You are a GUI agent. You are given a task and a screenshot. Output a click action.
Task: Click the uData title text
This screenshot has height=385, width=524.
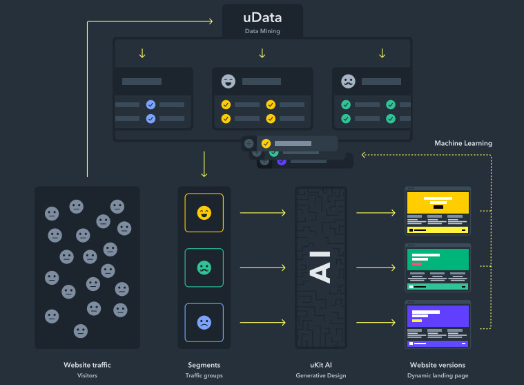click(x=262, y=17)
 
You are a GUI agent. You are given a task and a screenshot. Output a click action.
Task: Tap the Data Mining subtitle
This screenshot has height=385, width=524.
click(x=262, y=31)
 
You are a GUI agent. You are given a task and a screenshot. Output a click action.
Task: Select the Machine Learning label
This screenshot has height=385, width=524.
click(x=463, y=143)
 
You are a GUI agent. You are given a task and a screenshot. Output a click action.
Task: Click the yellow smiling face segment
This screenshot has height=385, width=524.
click(x=204, y=212)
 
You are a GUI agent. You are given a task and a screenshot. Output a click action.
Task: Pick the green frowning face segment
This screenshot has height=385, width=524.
click(x=204, y=267)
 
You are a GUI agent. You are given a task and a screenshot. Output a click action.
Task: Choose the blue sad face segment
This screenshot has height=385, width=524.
click(x=204, y=322)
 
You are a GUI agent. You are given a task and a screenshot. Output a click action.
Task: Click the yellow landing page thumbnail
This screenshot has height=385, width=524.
click(x=438, y=210)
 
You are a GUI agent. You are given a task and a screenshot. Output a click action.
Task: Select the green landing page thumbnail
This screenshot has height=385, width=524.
click(x=438, y=267)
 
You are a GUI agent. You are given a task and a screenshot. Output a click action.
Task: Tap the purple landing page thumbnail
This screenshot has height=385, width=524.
click(x=438, y=323)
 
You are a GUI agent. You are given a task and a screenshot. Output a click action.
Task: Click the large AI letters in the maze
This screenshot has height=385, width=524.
click(x=320, y=267)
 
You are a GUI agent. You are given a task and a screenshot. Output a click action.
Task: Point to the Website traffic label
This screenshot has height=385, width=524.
click(x=87, y=365)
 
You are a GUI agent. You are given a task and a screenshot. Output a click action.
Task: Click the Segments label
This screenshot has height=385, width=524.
click(x=204, y=365)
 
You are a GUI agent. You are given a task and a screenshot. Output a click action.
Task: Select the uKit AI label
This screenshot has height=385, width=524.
click(x=320, y=365)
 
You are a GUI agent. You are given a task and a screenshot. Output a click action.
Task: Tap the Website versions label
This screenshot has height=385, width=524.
click(x=438, y=365)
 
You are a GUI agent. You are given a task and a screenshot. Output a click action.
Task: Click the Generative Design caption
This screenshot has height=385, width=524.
click(x=320, y=376)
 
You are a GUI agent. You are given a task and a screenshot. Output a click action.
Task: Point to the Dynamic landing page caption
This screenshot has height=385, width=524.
click(x=438, y=376)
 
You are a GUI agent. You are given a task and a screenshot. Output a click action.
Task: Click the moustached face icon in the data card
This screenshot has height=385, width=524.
click(x=348, y=82)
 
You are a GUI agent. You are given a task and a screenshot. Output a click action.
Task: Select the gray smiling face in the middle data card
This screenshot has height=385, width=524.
click(x=228, y=82)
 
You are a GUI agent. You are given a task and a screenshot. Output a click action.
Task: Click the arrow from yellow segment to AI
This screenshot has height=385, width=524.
click(x=262, y=212)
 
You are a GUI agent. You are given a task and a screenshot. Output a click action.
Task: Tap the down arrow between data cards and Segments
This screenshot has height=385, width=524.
click(x=204, y=165)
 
